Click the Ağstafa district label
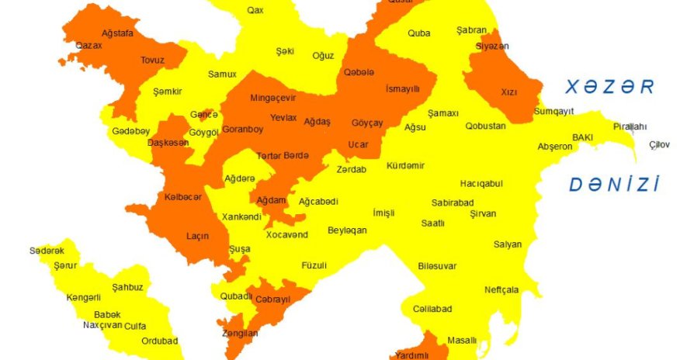tap(118, 33)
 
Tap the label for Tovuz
tap(152, 60)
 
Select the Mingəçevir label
tap(273, 99)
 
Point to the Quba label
tap(419, 33)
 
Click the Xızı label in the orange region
tap(508, 92)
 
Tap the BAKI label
tap(583, 137)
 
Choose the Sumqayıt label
tap(553, 112)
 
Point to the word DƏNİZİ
tap(614, 185)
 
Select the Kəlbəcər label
tap(183, 197)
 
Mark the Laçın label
tap(197, 236)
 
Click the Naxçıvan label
tap(102, 325)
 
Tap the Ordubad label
tap(161, 341)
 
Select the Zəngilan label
tap(239, 334)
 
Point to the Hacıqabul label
tap(481, 184)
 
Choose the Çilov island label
tap(659, 144)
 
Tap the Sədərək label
tap(47, 250)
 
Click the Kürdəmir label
tap(406, 166)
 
